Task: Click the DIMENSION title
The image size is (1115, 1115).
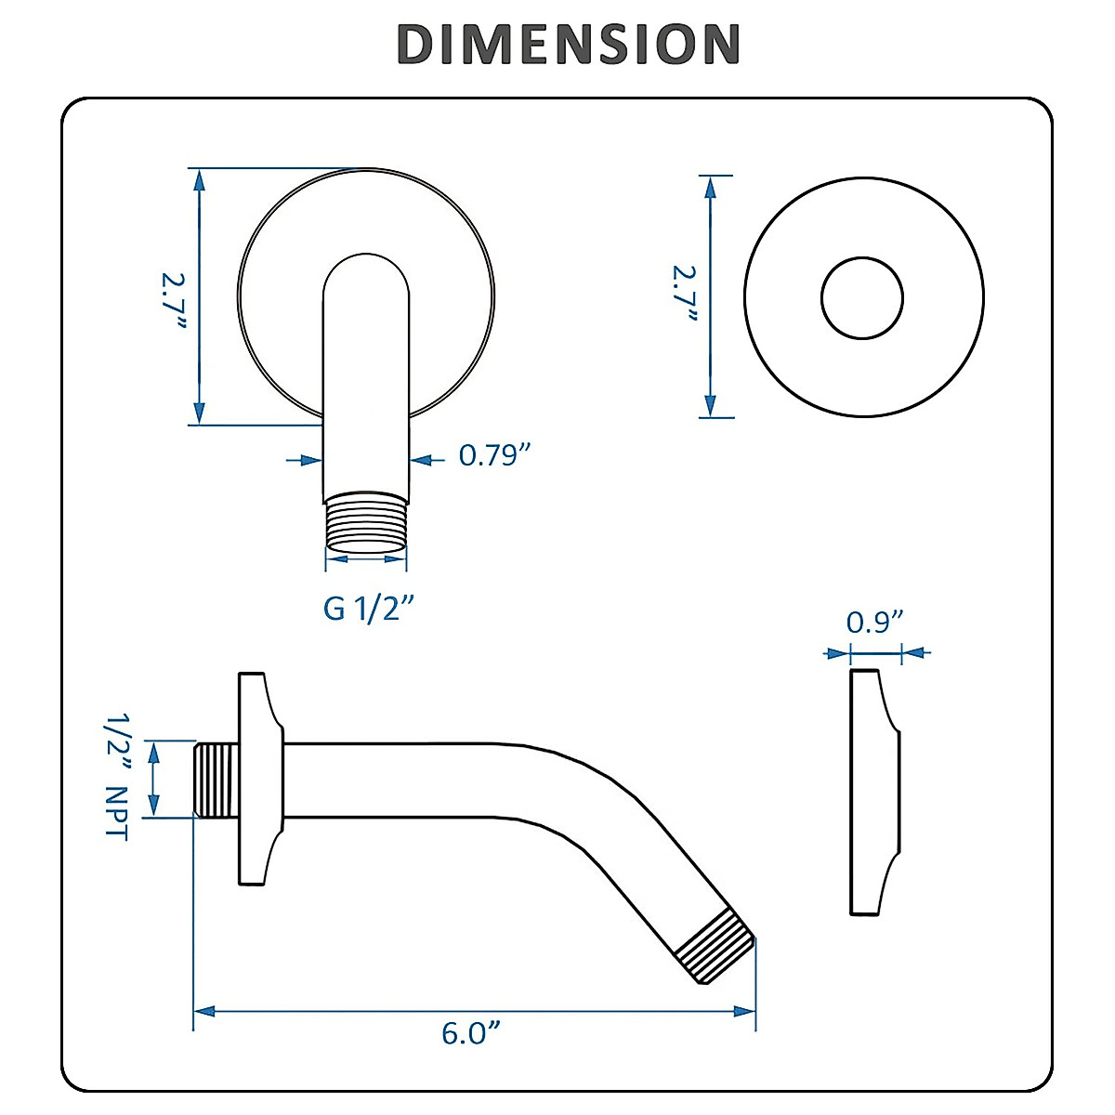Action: point(568,44)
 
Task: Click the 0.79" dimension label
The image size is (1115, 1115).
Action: point(495,455)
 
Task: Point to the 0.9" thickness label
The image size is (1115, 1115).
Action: point(874,621)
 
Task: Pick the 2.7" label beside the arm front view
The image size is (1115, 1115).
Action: point(174,296)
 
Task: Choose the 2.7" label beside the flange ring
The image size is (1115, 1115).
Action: point(686,295)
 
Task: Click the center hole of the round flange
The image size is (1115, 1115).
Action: point(862,298)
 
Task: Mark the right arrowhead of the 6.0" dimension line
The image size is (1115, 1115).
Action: point(744,1011)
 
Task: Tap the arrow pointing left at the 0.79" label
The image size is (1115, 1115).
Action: point(421,459)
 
